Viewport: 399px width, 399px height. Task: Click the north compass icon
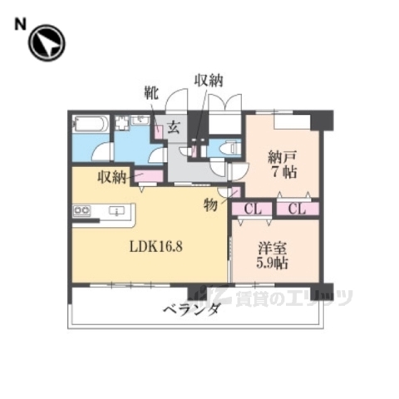pyautogui.click(x=47, y=44)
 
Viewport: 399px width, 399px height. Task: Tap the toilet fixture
pyautogui.click(x=230, y=148)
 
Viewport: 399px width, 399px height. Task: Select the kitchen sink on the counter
pyautogui.click(x=117, y=210)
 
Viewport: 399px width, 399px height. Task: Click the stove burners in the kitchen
pyautogui.click(x=82, y=211)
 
